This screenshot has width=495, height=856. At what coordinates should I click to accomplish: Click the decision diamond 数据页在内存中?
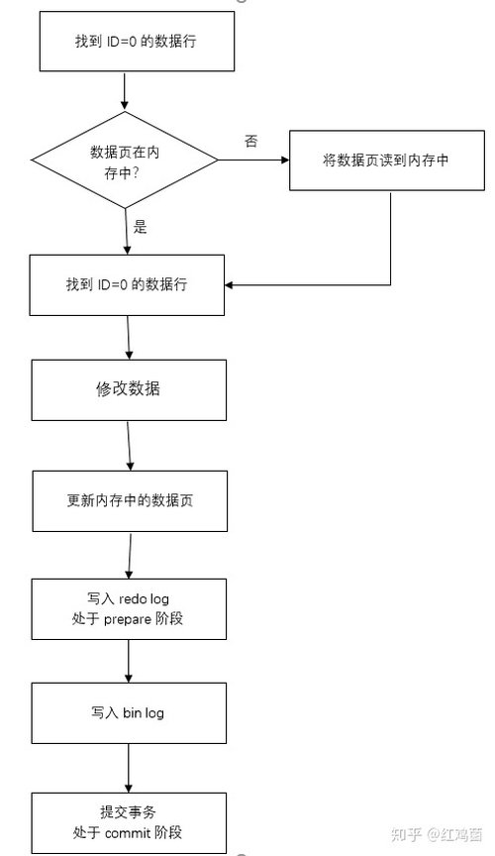[125, 160]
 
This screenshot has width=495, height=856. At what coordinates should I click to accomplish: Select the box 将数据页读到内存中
[387, 160]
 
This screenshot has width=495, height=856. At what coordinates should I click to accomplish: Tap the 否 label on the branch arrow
[251, 142]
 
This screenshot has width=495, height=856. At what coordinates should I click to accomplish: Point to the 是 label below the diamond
[141, 227]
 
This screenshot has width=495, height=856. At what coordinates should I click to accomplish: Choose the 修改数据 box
[129, 389]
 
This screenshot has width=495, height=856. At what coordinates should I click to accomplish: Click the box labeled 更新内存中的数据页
[130, 501]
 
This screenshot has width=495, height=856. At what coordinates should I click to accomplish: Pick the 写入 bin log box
[129, 713]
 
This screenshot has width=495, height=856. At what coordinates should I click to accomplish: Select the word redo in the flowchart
[132, 598]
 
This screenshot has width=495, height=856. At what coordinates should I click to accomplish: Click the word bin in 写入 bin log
[132, 712]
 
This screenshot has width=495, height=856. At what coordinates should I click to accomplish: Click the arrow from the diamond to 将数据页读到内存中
[253, 160]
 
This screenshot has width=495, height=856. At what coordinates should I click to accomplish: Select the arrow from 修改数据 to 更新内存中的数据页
[130, 446]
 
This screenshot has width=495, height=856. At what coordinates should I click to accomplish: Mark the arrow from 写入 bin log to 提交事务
[129, 768]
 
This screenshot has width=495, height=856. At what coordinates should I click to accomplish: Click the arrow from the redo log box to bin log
[129, 661]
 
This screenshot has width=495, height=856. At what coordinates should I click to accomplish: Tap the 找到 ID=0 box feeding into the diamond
[137, 41]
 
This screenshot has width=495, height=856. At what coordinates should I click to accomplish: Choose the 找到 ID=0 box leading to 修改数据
[127, 285]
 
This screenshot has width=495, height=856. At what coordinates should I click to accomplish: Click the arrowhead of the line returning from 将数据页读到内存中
[229, 285]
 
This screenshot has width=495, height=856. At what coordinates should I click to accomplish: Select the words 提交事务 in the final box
[128, 812]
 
